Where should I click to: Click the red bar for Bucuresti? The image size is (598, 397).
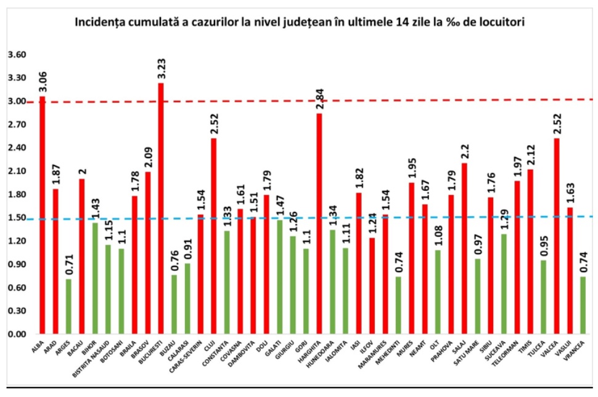pos(161,209)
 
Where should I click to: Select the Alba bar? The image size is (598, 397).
pos(42,215)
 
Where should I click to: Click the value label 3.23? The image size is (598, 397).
pos(161,67)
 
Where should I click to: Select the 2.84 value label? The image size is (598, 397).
pos(319,98)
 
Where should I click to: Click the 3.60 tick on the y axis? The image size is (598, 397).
pos(17,55)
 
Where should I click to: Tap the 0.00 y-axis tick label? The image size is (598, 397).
pos(17,334)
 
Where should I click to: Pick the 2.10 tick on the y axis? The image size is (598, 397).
pos(17,171)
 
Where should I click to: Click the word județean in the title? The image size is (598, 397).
pos(320,23)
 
